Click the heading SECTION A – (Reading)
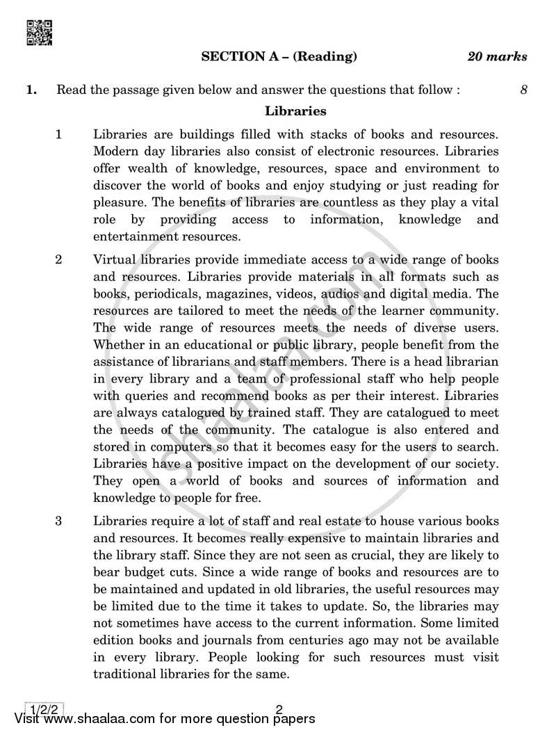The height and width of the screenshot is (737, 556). click(279, 57)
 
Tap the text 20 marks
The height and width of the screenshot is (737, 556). click(496, 57)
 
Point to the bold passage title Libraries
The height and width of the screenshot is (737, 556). click(295, 111)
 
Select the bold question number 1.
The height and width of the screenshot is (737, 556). click(31, 90)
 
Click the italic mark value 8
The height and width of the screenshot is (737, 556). click(523, 90)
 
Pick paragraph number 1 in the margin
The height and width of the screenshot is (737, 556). click(59, 133)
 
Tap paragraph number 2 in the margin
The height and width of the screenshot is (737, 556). click(59, 260)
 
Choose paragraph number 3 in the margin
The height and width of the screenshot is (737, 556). click(59, 521)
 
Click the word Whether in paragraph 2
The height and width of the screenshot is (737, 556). click(118, 344)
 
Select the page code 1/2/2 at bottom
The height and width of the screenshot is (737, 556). click(44, 710)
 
